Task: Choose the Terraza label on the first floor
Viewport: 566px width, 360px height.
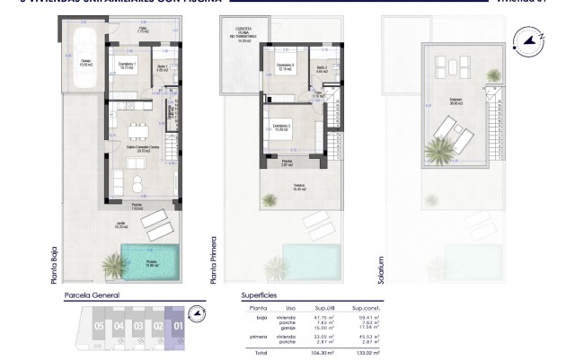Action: click(297, 189)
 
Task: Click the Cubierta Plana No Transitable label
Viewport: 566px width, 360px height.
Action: click(241, 34)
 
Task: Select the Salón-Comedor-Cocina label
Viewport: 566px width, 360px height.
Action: click(137, 149)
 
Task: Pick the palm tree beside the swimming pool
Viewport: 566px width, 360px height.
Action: click(114, 264)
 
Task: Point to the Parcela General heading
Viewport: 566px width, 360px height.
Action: click(90, 294)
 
